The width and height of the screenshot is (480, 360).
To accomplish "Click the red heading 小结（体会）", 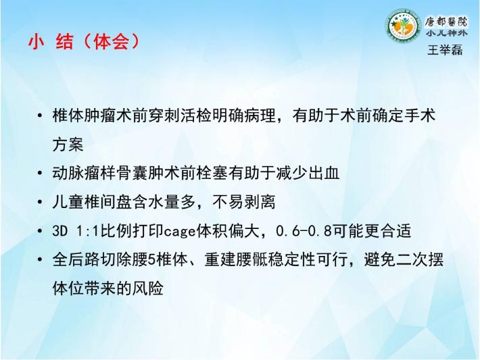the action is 84,41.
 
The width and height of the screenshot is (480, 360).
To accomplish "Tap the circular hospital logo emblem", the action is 402,26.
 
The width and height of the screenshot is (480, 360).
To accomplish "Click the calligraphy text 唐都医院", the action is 446,22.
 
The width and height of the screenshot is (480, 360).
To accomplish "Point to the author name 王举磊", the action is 445,50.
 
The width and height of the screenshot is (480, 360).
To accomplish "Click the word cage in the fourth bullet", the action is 180,232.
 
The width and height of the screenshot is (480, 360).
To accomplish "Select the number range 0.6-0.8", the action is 304,231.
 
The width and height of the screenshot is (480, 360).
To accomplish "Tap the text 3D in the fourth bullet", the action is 59,231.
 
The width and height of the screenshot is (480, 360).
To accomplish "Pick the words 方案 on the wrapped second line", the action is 68,144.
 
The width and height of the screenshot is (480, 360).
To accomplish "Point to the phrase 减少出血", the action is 308,173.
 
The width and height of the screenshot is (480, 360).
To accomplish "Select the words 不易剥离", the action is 244,202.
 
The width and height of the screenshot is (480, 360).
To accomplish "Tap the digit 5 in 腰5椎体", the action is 151,260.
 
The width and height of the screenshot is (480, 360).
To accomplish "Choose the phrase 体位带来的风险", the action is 107,288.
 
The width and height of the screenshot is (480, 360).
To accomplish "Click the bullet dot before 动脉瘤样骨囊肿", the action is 39,174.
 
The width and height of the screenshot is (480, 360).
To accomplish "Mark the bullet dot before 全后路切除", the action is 39,260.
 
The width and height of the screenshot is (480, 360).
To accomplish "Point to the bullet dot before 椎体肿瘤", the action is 39,116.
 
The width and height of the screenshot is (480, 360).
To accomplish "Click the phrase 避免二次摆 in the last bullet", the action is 404,259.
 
